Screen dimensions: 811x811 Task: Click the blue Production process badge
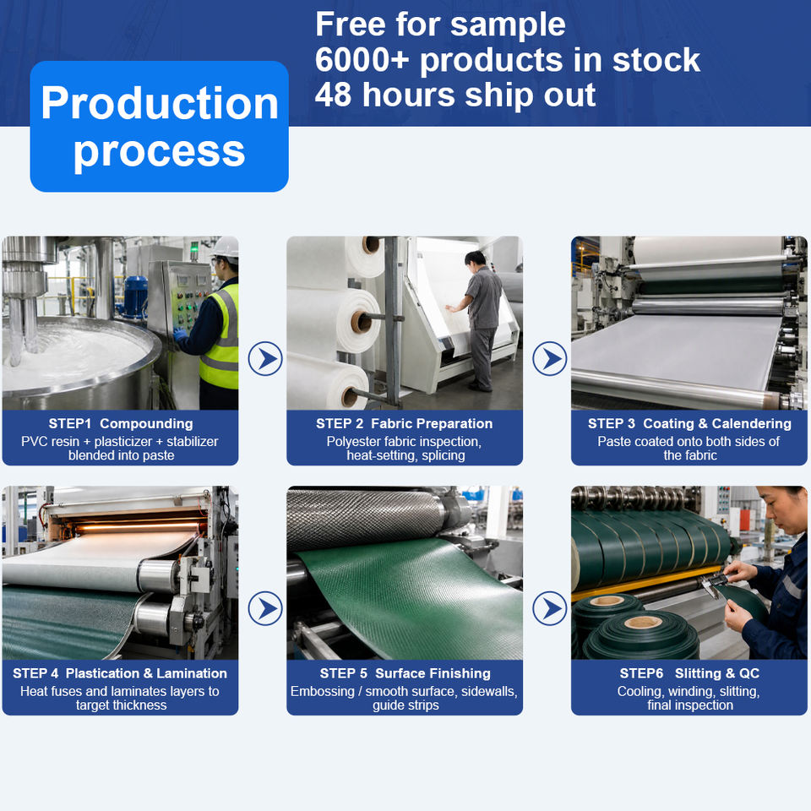click(x=160, y=126)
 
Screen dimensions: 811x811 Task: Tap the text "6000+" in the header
click(x=362, y=59)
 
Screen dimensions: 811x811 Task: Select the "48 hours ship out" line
click(x=455, y=95)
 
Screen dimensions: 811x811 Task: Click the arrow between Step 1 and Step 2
click(x=265, y=358)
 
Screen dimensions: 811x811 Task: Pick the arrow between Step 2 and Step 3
click(x=550, y=358)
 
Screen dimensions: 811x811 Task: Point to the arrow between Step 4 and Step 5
click(x=265, y=608)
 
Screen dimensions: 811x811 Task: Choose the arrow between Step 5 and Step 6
click(x=550, y=608)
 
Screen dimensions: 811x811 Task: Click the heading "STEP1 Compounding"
click(x=121, y=423)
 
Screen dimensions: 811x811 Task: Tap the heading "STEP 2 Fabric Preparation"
click(x=404, y=423)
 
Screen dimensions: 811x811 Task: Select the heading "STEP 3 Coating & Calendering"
click(x=689, y=423)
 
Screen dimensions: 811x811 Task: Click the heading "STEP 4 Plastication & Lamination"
click(x=120, y=673)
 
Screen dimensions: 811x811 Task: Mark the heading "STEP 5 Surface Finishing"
click(x=405, y=673)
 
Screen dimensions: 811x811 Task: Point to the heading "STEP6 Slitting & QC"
click(x=689, y=673)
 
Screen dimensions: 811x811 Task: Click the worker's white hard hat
click(x=226, y=248)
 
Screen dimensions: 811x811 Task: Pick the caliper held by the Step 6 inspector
click(x=710, y=584)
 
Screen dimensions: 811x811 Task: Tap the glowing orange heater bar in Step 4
click(x=139, y=526)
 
